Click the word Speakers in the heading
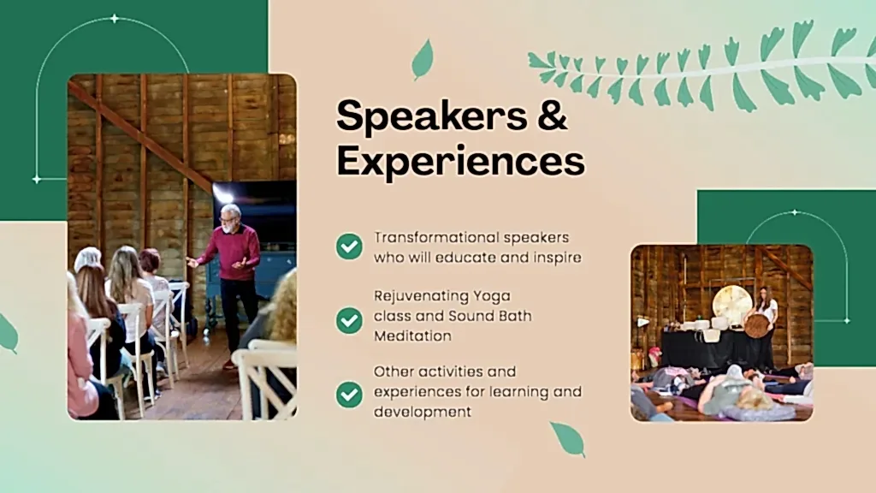click(x=432, y=116)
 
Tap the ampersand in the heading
click(x=552, y=115)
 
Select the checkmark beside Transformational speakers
click(x=349, y=246)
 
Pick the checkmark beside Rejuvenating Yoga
click(x=349, y=320)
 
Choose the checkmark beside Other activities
click(x=349, y=395)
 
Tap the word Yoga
click(x=492, y=295)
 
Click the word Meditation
click(x=413, y=336)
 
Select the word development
click(x=423, y=412)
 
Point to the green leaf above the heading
click(x=423, y=59)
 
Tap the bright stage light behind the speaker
click(x=224, y=194)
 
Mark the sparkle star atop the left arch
click(x=114, y=19)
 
